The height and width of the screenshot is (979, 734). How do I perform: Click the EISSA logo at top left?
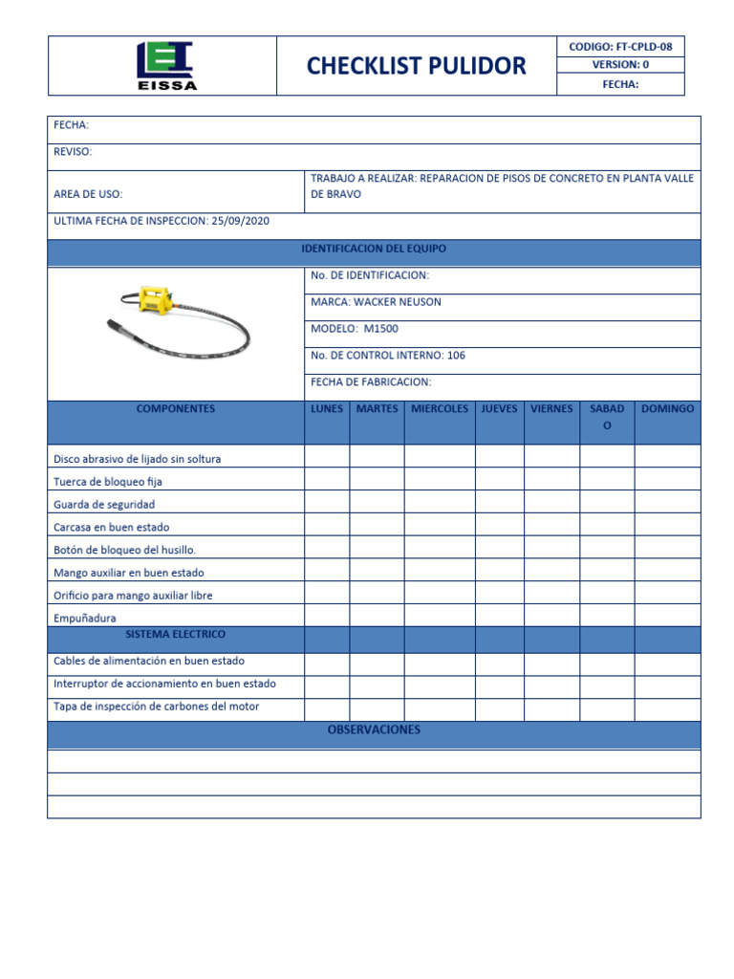[163, 65]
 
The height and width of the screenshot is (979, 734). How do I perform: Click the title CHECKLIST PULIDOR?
[416, 66]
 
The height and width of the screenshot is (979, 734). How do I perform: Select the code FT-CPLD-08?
[650, 46]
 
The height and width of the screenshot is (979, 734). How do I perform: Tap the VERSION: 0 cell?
[620, 65]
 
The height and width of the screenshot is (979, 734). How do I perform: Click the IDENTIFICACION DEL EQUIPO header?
[374, 249]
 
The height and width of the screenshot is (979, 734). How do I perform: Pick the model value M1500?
[381, 329]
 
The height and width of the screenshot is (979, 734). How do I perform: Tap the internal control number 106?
[456, 356]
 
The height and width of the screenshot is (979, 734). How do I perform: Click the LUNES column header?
[327, 409]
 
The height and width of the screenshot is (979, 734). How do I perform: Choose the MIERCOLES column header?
[440, 409]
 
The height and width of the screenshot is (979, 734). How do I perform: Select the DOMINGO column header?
[667, 409]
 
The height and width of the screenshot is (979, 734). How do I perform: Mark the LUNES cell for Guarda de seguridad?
[327, 504]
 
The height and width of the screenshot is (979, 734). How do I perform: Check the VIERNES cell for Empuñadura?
[551, 617]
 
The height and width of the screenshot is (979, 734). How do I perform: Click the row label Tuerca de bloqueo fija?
[108, 482]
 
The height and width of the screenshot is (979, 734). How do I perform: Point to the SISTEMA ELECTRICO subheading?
[176, 635]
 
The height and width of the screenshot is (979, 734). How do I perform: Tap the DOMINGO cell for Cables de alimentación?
[667, 662]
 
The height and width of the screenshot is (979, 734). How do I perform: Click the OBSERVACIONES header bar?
[374, 731]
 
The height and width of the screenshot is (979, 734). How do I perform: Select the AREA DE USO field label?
[89, 194]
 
